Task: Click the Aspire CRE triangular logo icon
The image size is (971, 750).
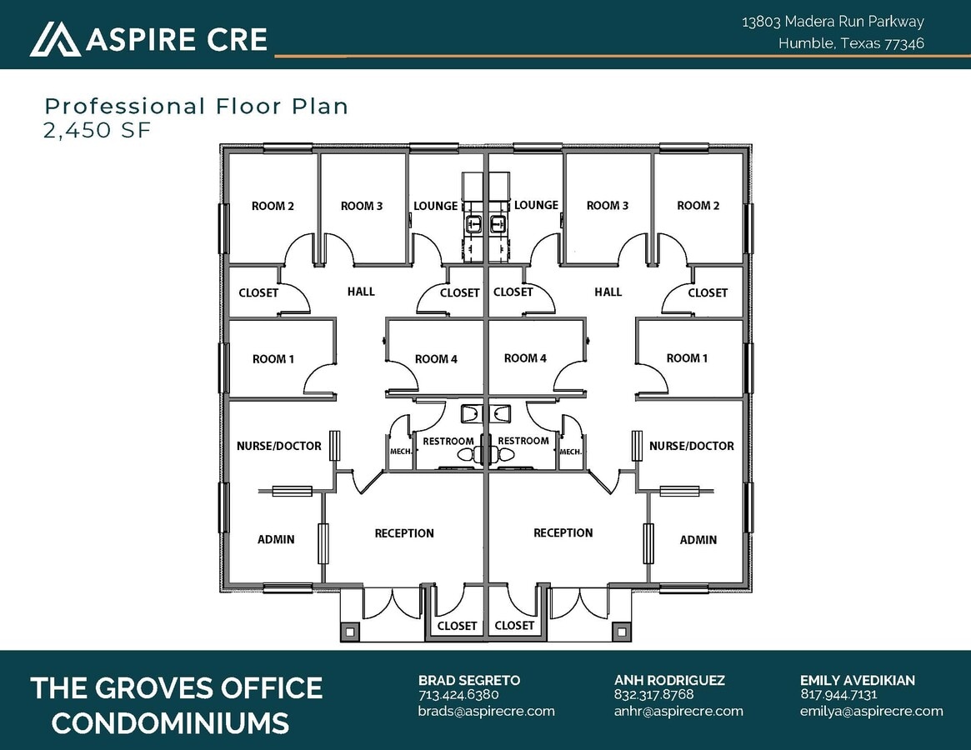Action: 55,38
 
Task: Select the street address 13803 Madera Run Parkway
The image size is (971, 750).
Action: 833,22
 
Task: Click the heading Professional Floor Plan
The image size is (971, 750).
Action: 196,106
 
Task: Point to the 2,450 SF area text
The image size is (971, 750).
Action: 98,130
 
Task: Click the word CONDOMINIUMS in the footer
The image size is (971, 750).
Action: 170,722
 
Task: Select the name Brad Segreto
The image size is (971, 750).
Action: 468,680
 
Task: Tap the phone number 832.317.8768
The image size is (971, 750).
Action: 653,694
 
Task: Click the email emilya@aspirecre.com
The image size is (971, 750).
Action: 871,711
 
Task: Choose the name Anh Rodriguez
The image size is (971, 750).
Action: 669,680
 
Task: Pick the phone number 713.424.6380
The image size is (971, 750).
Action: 458,694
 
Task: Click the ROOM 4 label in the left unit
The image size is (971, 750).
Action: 436,359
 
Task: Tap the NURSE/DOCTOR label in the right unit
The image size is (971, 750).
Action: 691,446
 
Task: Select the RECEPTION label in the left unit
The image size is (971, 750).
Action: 404,533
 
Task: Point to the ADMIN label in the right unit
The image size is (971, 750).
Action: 698,540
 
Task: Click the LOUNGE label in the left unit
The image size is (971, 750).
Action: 435,206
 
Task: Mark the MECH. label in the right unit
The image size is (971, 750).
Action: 570,452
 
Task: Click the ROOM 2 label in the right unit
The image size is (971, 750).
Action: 698,206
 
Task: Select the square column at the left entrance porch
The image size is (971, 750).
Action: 349,632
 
